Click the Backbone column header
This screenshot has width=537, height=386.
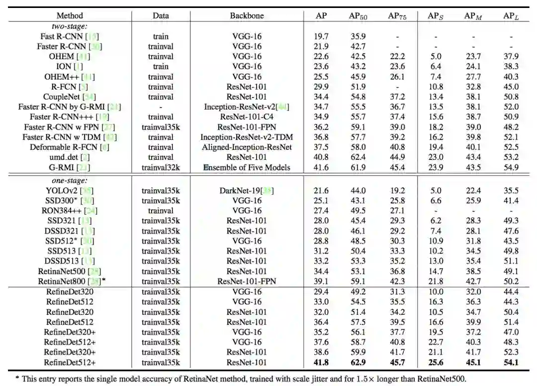click(x=247, y=16)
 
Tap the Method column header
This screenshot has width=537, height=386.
click(x=70, y=16)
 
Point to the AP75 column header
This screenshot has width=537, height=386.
click(x=397, y=16)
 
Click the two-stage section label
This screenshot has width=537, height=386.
click(x=70, y=26)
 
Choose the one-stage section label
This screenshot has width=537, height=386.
click(x=70, y=181)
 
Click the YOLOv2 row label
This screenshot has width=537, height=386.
click(x=70, y=191)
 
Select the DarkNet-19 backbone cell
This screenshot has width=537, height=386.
click(x=247, y=191)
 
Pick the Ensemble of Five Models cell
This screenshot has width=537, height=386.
click(x=247, y=167)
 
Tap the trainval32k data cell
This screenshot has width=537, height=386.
click(x=161, y=167)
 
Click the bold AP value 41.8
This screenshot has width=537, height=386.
click(x=322, y=363)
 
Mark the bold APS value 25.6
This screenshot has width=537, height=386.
click(x=435, y=363)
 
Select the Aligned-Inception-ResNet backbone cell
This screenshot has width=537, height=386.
click(x=247, y=147)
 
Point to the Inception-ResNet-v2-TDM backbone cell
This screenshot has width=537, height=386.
click(x=247, y=137)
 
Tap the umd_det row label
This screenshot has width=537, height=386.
click(x=70, y=157)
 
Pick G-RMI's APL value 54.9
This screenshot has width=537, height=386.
click(x=510, y=167)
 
